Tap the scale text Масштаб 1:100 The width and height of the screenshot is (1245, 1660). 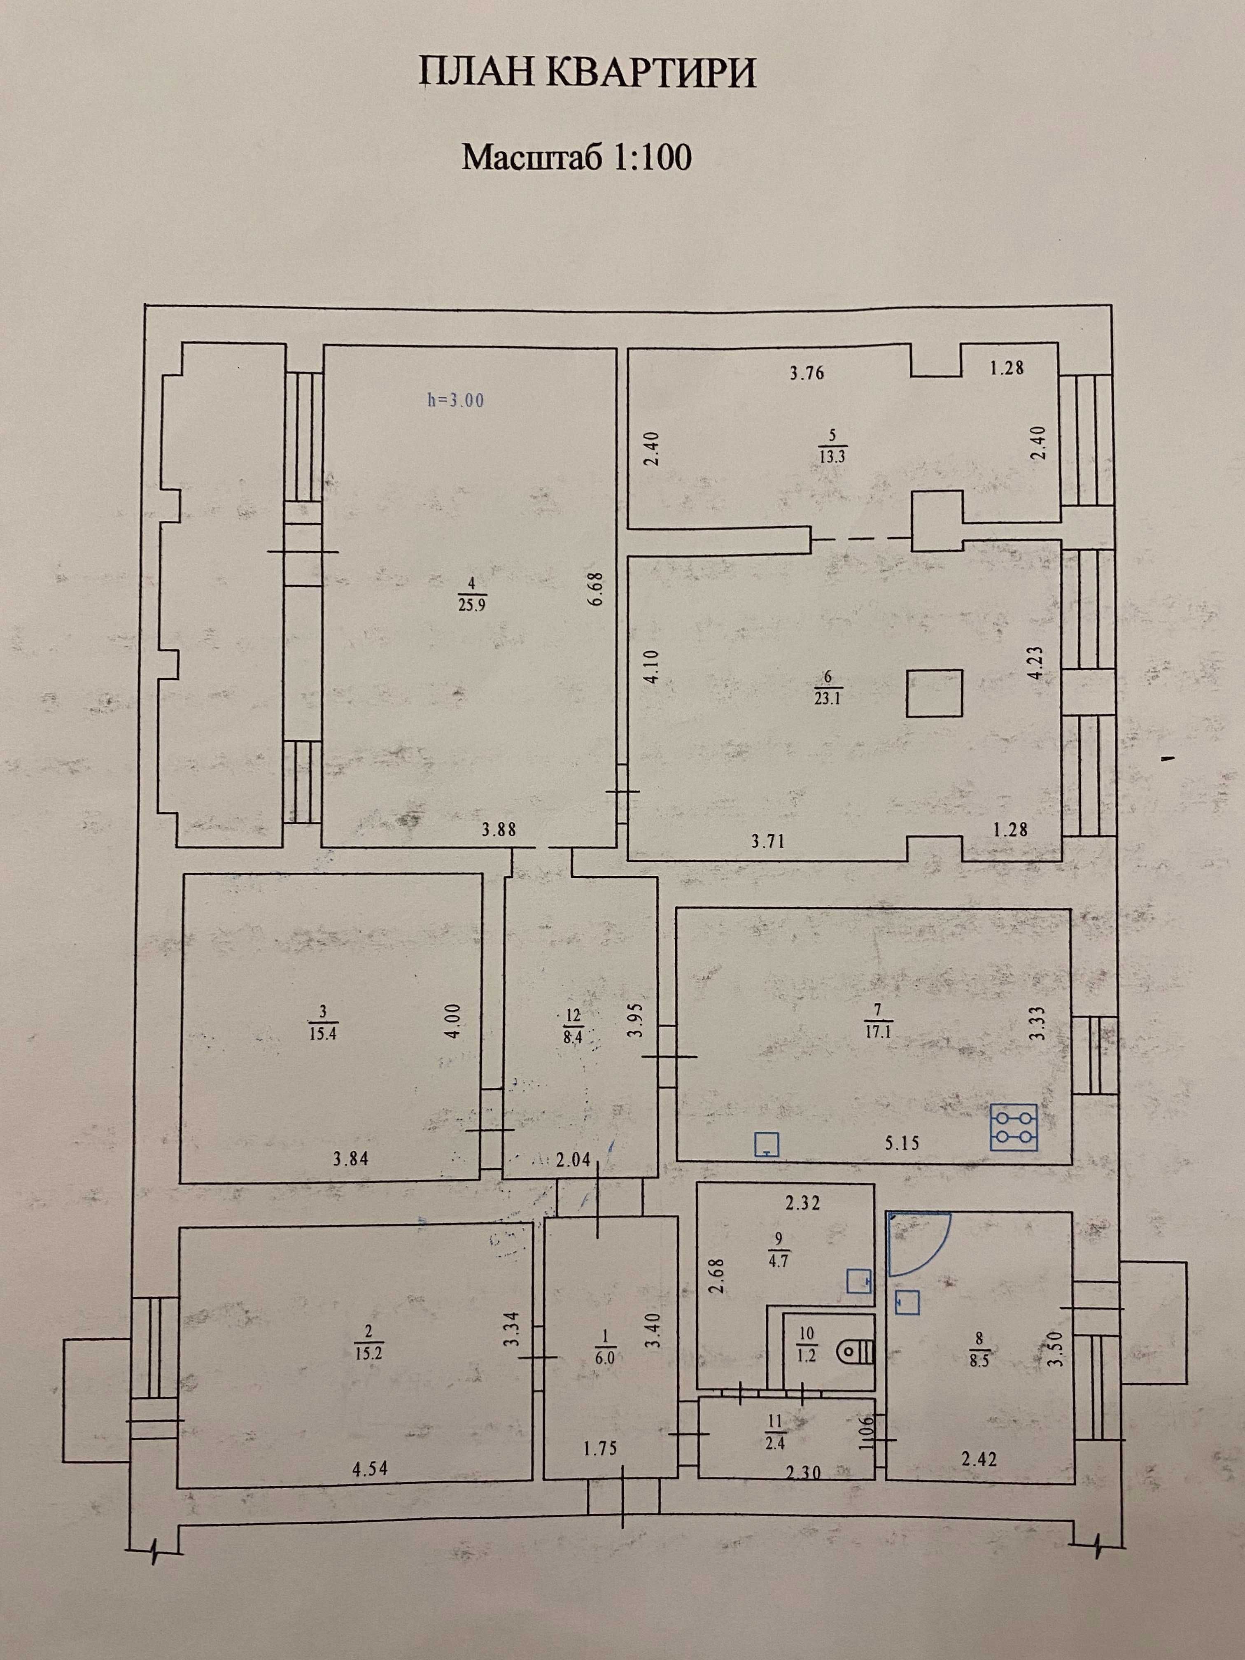[576, 158]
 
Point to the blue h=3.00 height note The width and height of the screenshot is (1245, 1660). [455, 401]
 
